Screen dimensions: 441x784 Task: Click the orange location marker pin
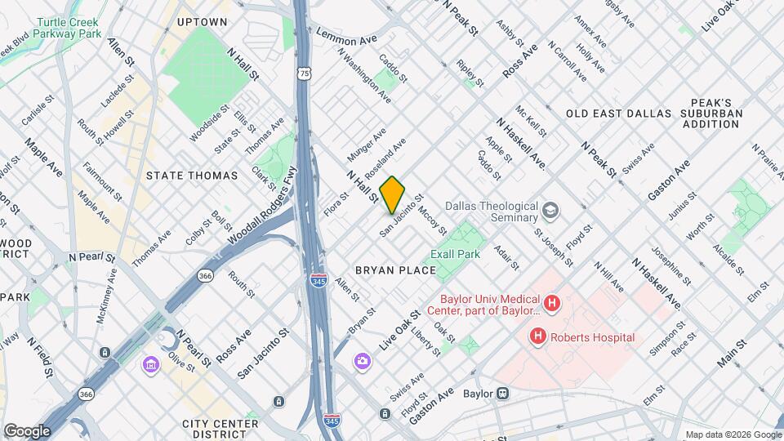(x=392, y=195)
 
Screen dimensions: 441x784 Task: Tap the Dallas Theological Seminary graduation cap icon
(x=552, y=212)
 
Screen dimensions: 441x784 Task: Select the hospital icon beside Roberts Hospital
(x=537, y=336)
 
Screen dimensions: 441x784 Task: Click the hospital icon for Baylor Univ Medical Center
(x=552, y=304)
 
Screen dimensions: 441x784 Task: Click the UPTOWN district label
(x=202, y=21)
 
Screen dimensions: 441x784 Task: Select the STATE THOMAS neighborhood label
(x=191, y=176)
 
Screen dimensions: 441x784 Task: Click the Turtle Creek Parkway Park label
(x=51, y=28)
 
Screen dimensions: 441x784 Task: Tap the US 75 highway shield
(x=304, y=73)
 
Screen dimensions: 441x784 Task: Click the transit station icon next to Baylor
(x=504, y=394)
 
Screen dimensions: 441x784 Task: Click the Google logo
(x=27, y=430)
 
